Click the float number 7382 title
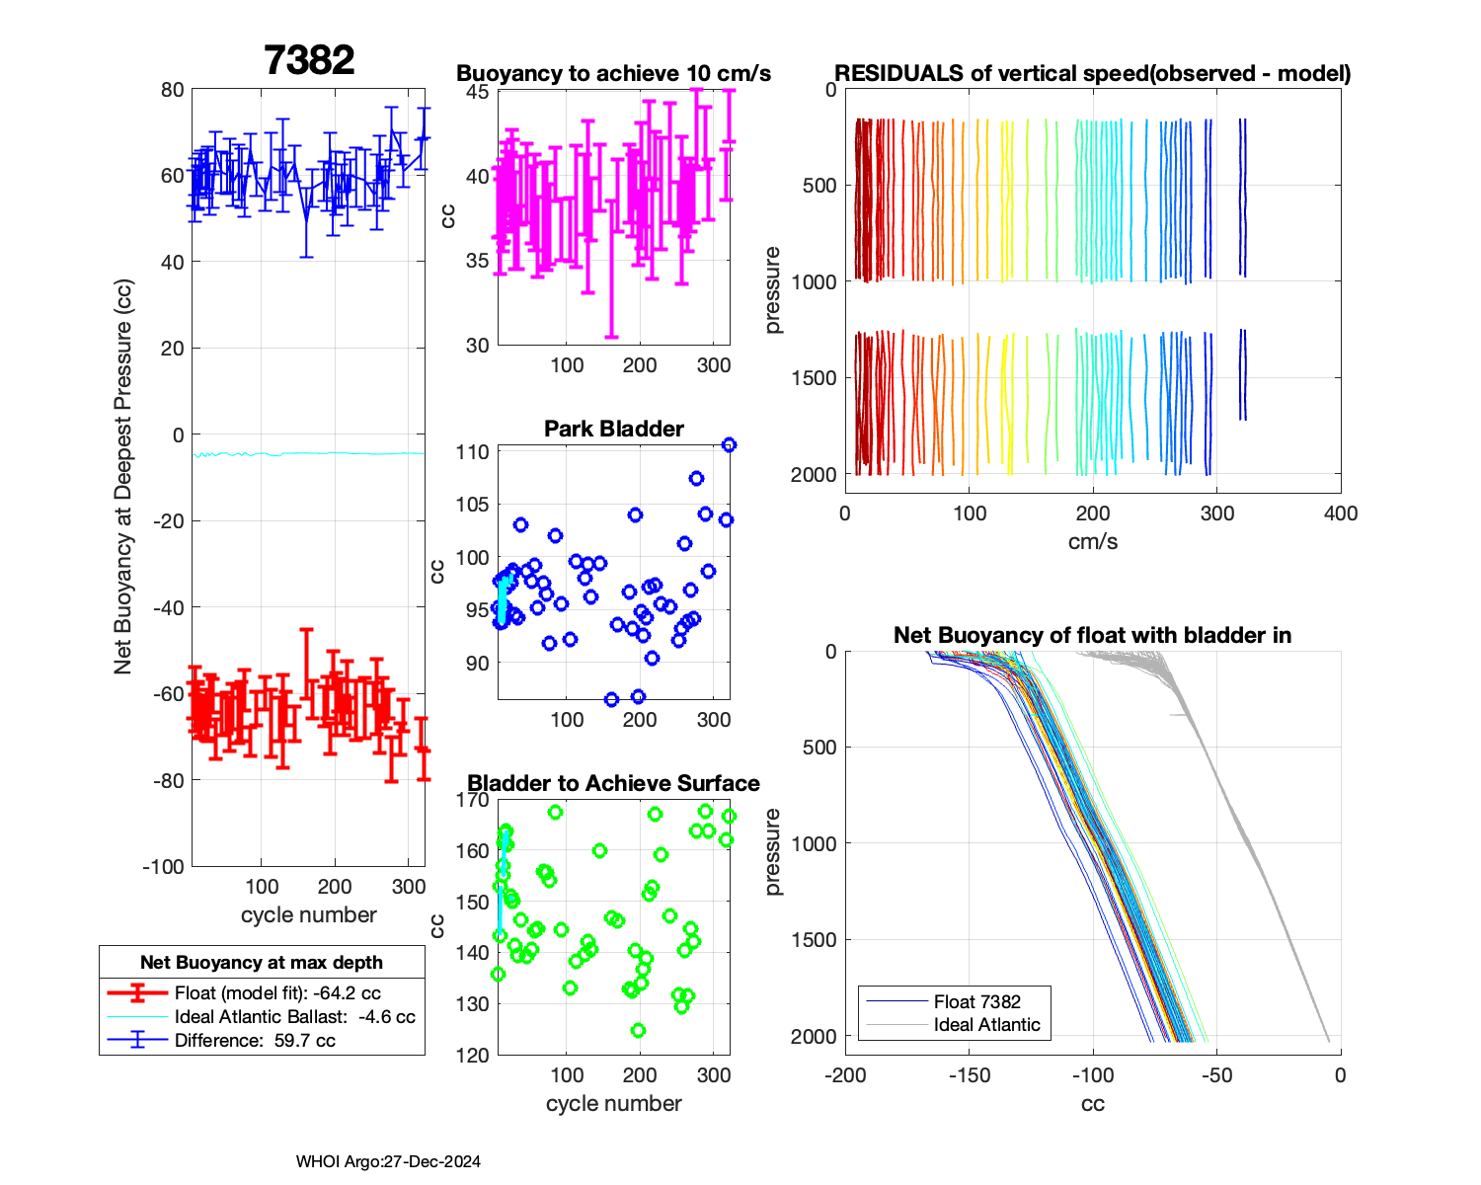(309, 60)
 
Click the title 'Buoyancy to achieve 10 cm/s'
(613, 74)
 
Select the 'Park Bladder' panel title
(614, 429)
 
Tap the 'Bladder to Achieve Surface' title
(613, 783)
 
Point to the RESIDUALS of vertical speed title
(1092, 73)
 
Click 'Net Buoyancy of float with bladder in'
(1092, 635)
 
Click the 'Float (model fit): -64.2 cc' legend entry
(277, 993)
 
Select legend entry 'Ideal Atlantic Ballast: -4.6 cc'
(294, 1017)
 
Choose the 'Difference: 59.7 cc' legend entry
(255, 1041)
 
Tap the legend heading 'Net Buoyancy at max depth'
(262, 962)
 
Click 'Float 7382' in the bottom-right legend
(976, 1001)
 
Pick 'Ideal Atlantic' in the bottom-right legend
(986, 1025)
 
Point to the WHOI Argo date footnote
(388, 1161)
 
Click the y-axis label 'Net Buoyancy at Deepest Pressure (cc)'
(122, 477)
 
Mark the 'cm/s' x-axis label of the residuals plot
(1092, 542)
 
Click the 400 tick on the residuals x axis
(1340, 513)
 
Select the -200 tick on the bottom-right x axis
(845, 1075)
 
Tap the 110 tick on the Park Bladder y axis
(472, 452)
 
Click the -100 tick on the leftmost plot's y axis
(163, 867)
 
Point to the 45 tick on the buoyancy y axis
(477, 92)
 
